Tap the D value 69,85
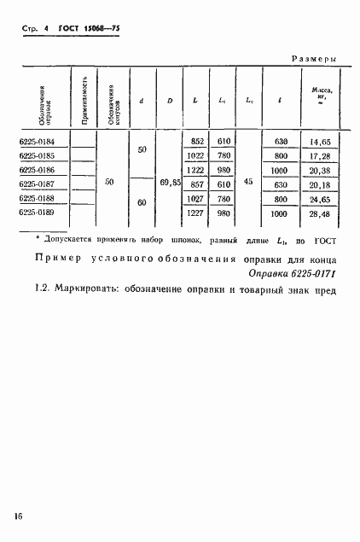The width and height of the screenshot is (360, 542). tap(171, 183)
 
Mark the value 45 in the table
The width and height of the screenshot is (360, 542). tap(247, 182)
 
